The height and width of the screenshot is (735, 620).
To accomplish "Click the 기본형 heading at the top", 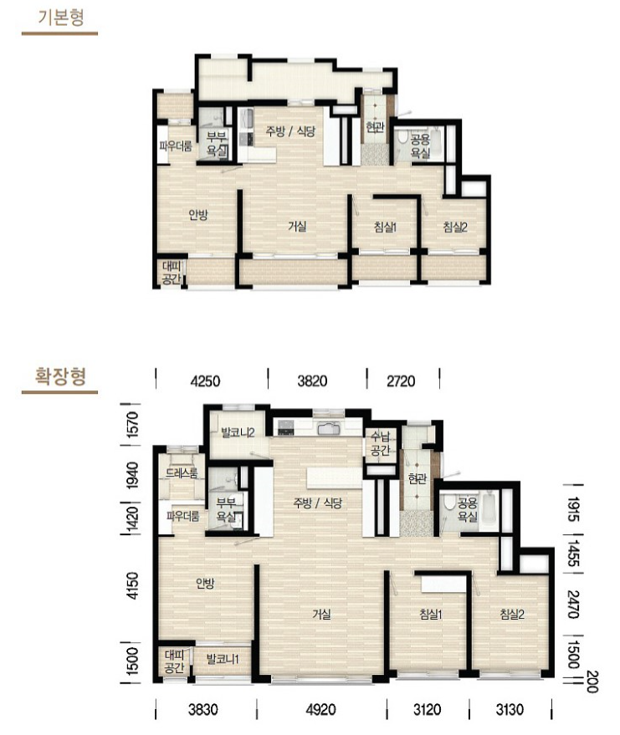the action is coord(61,18).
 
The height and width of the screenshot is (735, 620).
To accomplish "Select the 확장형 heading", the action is coord(61,376).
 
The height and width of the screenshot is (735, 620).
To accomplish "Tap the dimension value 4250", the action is coord(205,380).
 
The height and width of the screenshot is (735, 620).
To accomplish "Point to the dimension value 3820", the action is coord(312,380).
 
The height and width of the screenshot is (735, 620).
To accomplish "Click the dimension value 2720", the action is coord(401,380).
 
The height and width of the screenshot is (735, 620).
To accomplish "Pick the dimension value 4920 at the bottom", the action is coord(320,709).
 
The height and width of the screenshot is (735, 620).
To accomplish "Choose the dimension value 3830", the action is coord(203,709).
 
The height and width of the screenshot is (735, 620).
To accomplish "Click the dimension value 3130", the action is coord(510,709).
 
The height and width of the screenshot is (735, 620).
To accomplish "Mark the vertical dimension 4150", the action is coord(133,585).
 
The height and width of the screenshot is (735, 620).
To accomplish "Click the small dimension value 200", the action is coord(592,681).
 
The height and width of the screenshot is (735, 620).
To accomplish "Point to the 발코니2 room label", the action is coord(238,432).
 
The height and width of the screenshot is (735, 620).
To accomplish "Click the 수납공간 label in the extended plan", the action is coord(381,444).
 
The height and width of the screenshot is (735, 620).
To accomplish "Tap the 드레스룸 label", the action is coord(182,473).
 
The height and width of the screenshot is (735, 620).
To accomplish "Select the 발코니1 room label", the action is coord(223,659).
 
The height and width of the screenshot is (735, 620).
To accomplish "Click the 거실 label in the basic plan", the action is coord(297,227).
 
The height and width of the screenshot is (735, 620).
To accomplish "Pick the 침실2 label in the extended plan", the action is coord(512,614).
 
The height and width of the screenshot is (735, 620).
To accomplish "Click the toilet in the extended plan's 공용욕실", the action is coord(450,503).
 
